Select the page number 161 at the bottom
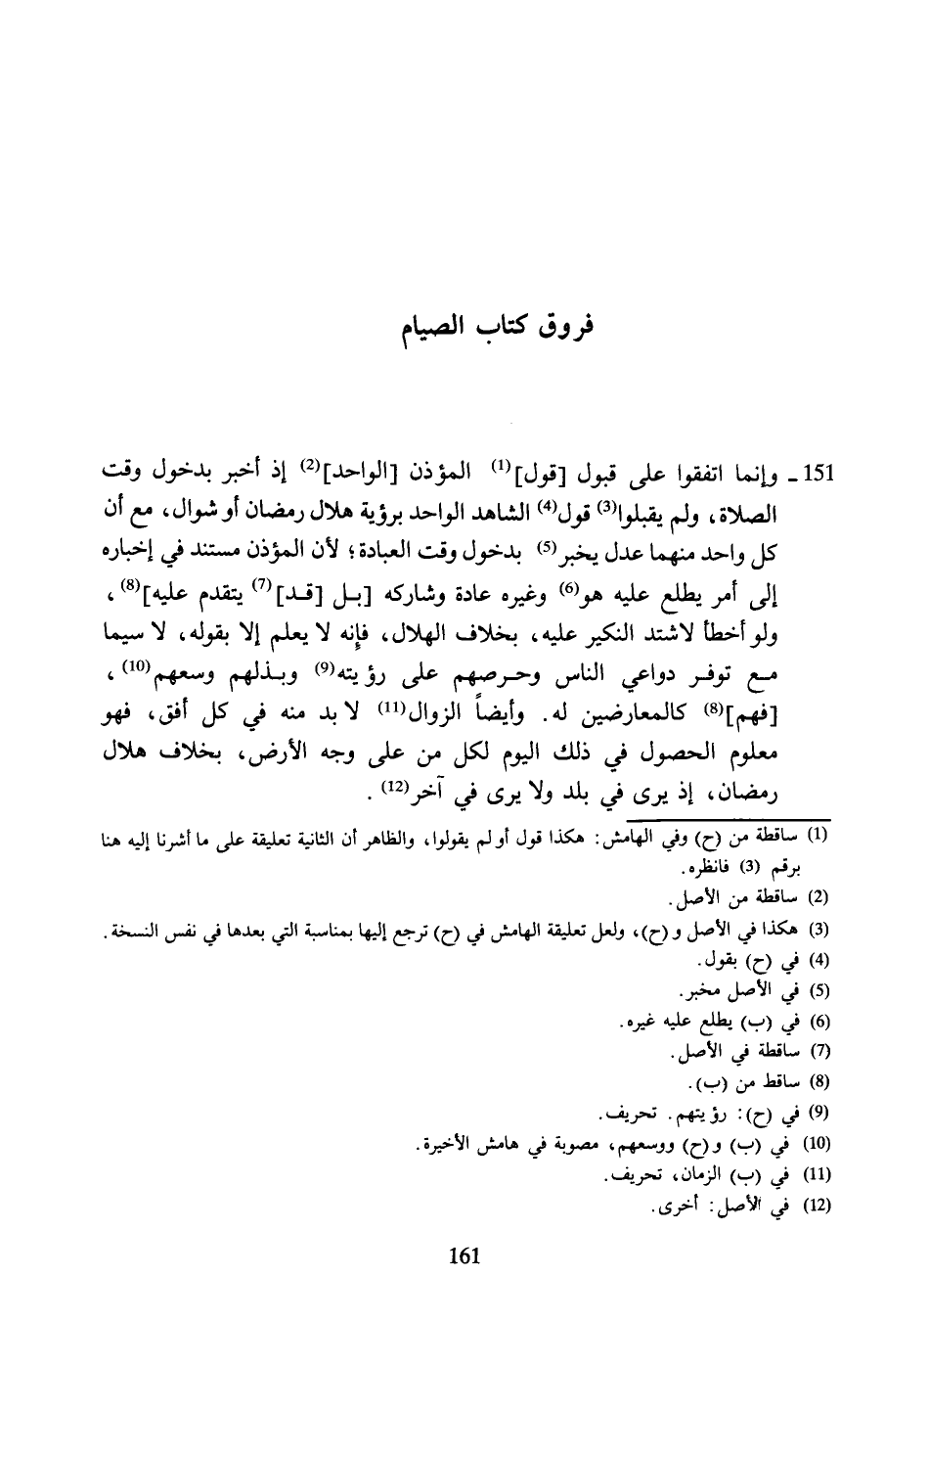463,1255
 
